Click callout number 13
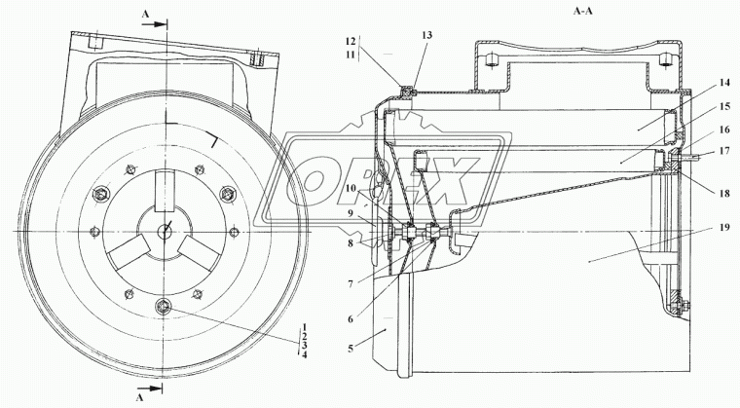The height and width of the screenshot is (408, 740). (426, 35)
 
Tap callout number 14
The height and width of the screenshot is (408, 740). (724, 83)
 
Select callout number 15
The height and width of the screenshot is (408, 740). (724, 107)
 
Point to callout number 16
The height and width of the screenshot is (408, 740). (724, 130)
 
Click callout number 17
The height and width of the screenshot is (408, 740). (724, 151)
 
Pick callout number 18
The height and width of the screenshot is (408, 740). (724, 194)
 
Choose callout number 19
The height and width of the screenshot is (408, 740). (724, 228)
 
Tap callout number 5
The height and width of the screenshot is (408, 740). (351, 349)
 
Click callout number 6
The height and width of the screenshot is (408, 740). (351, 319)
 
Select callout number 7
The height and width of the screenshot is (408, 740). (351, 284)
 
